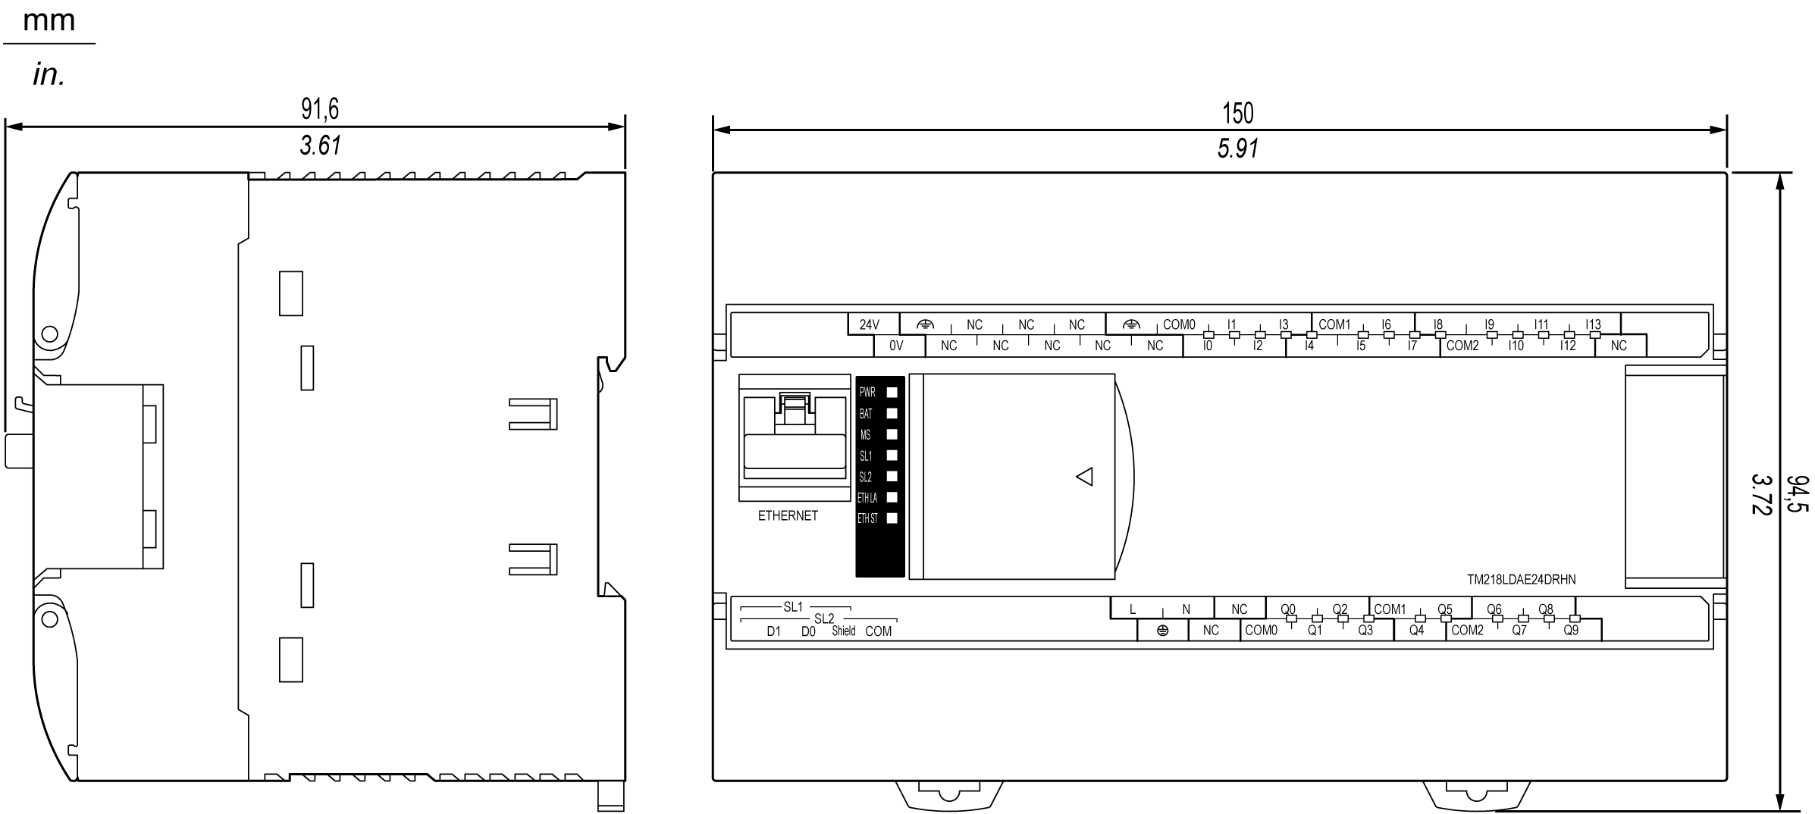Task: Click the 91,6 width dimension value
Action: tap(320, 109)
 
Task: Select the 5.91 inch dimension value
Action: tap(1238, 149)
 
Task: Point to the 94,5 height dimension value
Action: tap(1797, 494)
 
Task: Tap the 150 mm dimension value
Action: tap(1238, 114)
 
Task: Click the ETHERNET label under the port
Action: tap(788, 515)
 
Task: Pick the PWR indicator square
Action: tap(892, 392)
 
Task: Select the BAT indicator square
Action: tap(892, 413)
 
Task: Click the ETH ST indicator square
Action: tap(892, 518)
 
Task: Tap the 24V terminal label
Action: tap(870, 324)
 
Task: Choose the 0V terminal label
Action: tap(896, 346)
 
